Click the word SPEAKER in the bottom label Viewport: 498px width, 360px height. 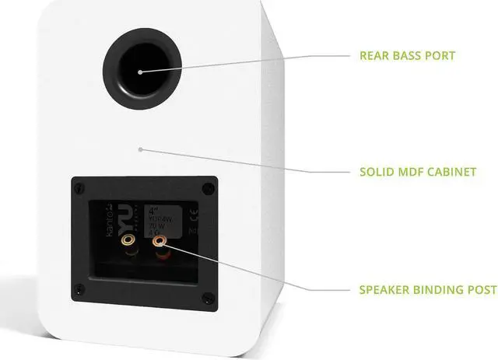(385, 290)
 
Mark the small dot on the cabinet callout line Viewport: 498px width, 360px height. (140, 148)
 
